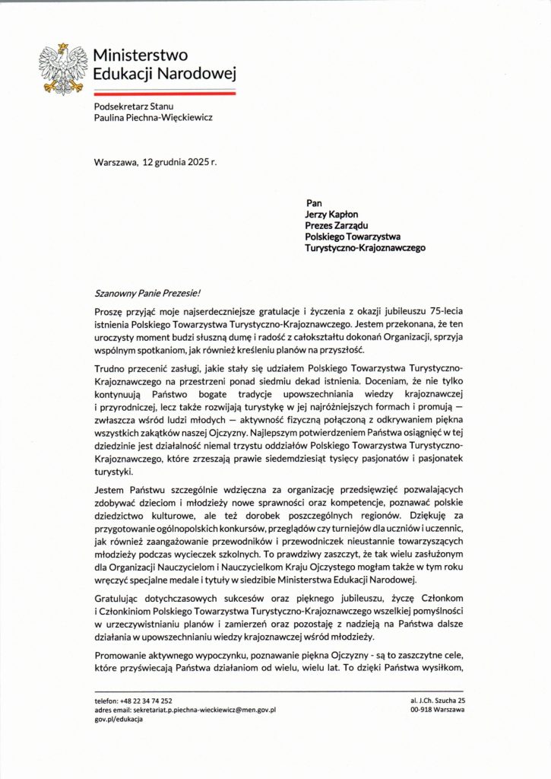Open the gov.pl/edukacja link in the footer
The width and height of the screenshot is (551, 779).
119,719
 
